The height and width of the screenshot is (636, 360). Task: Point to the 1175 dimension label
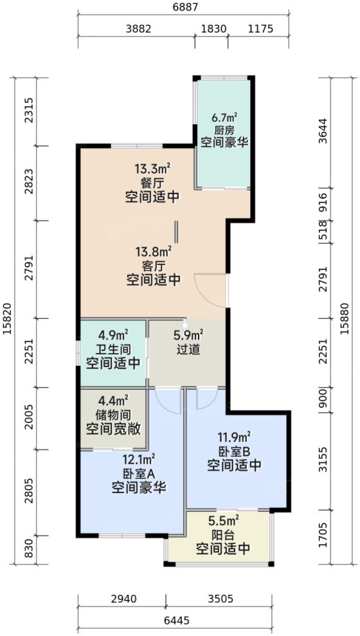tap(260, 29)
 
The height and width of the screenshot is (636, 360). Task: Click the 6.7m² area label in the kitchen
tap(224, 118)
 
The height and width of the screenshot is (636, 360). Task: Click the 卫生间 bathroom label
tap(113, 349)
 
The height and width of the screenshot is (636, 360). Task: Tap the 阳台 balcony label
tap(222, 534)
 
